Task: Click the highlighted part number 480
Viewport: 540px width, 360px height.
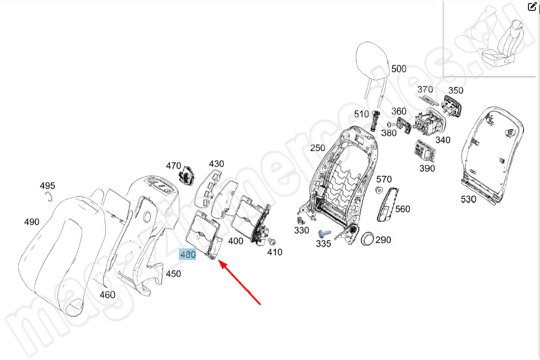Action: (x=188, y=254)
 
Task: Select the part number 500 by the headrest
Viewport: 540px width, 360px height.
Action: (x=399, y=69)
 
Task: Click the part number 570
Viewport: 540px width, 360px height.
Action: (x=384, y=179)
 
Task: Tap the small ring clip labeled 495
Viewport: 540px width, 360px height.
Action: (x=49, y=197)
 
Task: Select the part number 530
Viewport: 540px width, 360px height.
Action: (x=469, y=200)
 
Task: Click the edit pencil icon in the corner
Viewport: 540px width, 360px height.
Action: (x=533, y=7)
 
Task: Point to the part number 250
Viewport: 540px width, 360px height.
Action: (x=317, y=148)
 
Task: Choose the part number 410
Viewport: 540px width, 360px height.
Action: (x=275, y=252)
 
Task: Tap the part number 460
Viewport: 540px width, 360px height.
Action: (x=108, y=295)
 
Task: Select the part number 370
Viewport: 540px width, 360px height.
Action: (x=425, y=89)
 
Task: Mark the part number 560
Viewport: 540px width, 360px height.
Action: (x=403, y=209)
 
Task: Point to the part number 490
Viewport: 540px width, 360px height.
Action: (x=32, y=222)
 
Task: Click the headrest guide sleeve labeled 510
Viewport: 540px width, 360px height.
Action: (x=377, y=122)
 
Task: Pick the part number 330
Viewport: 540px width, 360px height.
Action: (x=301, y=230)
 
